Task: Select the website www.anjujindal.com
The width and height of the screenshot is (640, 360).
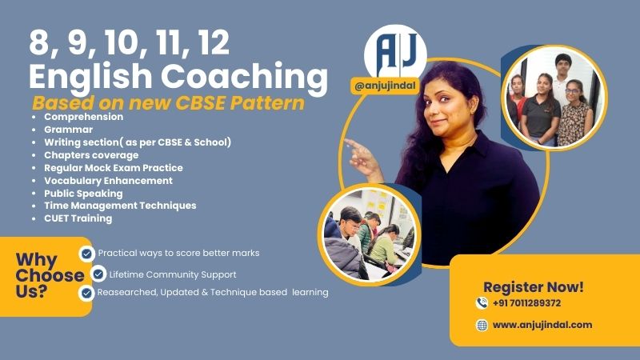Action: click(x=542, y=325)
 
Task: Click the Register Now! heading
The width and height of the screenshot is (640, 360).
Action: click(x=534, y=286)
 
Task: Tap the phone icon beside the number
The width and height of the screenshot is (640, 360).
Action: click(x=482, y=303)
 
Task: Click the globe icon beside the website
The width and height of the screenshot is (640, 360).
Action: click(x=482, y=325)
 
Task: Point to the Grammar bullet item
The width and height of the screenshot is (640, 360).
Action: click(x=69, y=130)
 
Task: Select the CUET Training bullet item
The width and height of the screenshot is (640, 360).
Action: click(x=78, y=218)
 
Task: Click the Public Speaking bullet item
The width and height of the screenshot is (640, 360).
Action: click(x=83, y=193)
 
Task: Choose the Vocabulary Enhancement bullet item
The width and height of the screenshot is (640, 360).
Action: click(x=108, y=180)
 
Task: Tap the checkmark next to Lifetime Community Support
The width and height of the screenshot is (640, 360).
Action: click(x=98, y=274)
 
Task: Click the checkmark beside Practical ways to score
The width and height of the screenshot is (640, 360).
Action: click(x=86, y=254)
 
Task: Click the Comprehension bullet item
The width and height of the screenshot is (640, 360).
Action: click(x=83, y=117)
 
